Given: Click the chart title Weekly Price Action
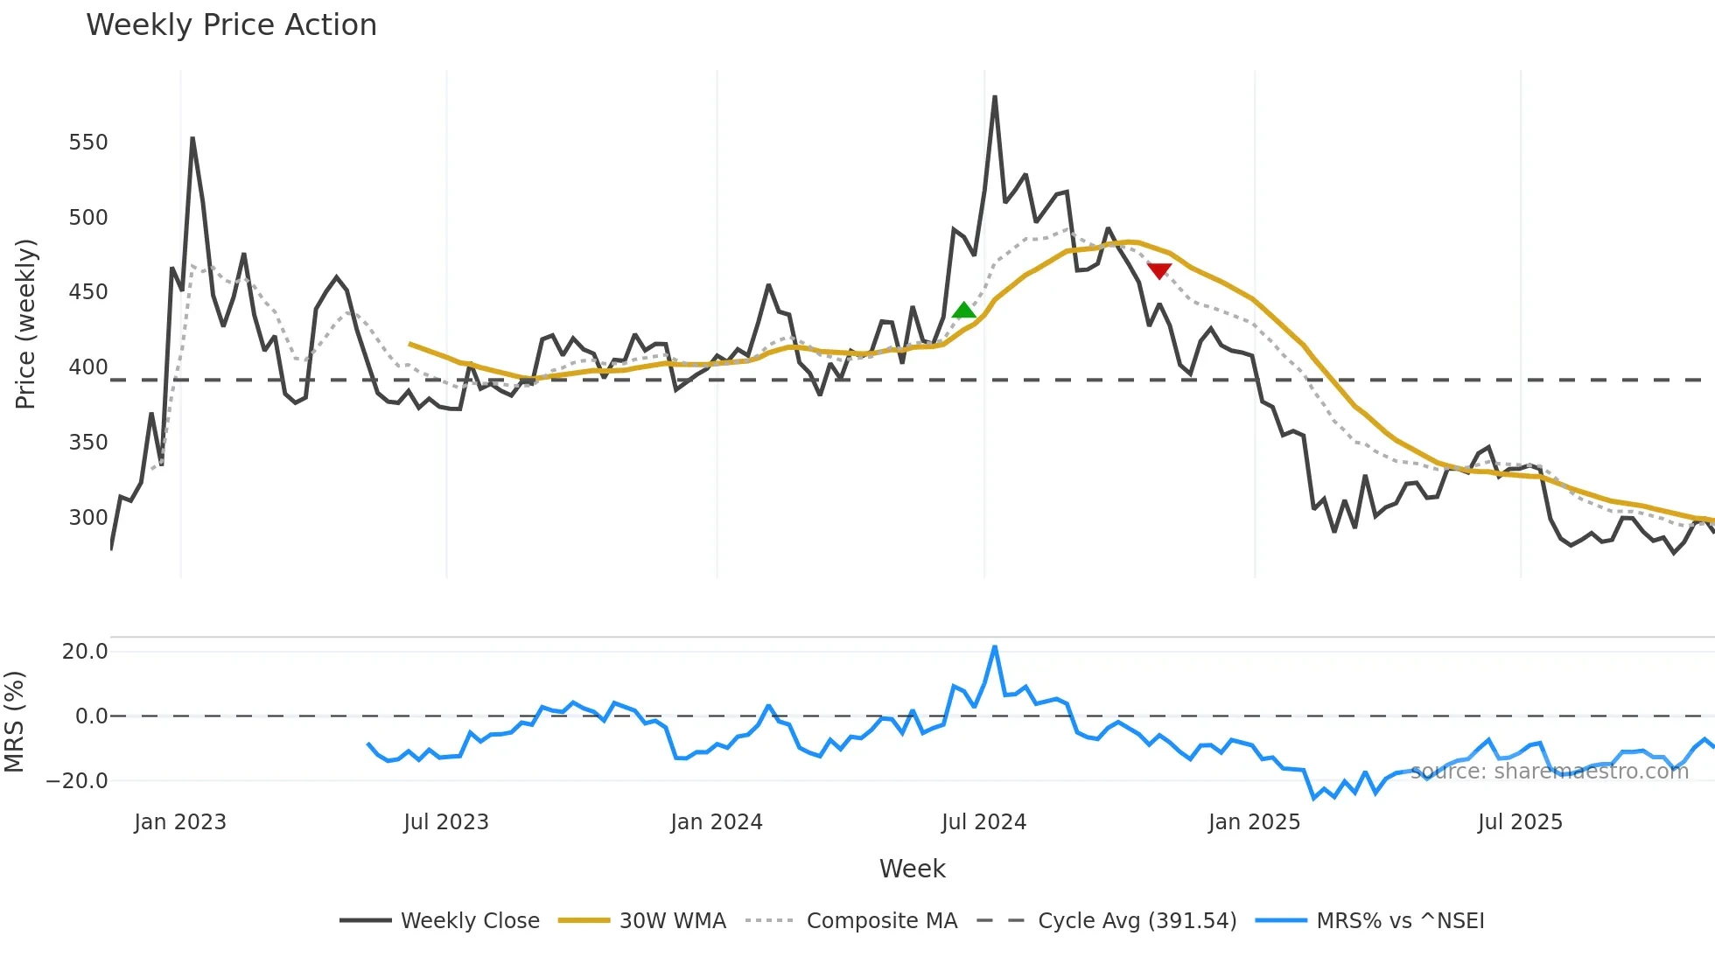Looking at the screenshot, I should [x=231, y=25].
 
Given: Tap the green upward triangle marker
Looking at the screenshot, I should [x=963, y=310].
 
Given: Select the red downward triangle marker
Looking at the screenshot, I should [x=1159, y=271].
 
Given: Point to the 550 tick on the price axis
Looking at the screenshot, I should [x=88, y=143].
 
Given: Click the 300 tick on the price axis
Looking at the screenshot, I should [x=88, y=517].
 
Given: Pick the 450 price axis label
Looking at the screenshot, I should [x=88, y=292].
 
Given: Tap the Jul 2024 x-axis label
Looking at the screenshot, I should [x=983, y=822].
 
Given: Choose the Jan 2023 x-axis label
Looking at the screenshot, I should [x=180, y=822].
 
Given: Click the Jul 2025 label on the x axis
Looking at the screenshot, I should [x=1520, y=822].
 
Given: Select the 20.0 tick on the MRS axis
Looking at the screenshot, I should [x=85, y=652].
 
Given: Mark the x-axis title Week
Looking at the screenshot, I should [x=912, y=869].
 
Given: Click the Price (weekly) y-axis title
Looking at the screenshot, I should [x=25, y=324].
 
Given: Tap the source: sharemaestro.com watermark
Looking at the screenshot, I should [x=1549, y=772].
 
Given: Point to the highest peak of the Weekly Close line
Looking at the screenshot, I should [x=995, y=97].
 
